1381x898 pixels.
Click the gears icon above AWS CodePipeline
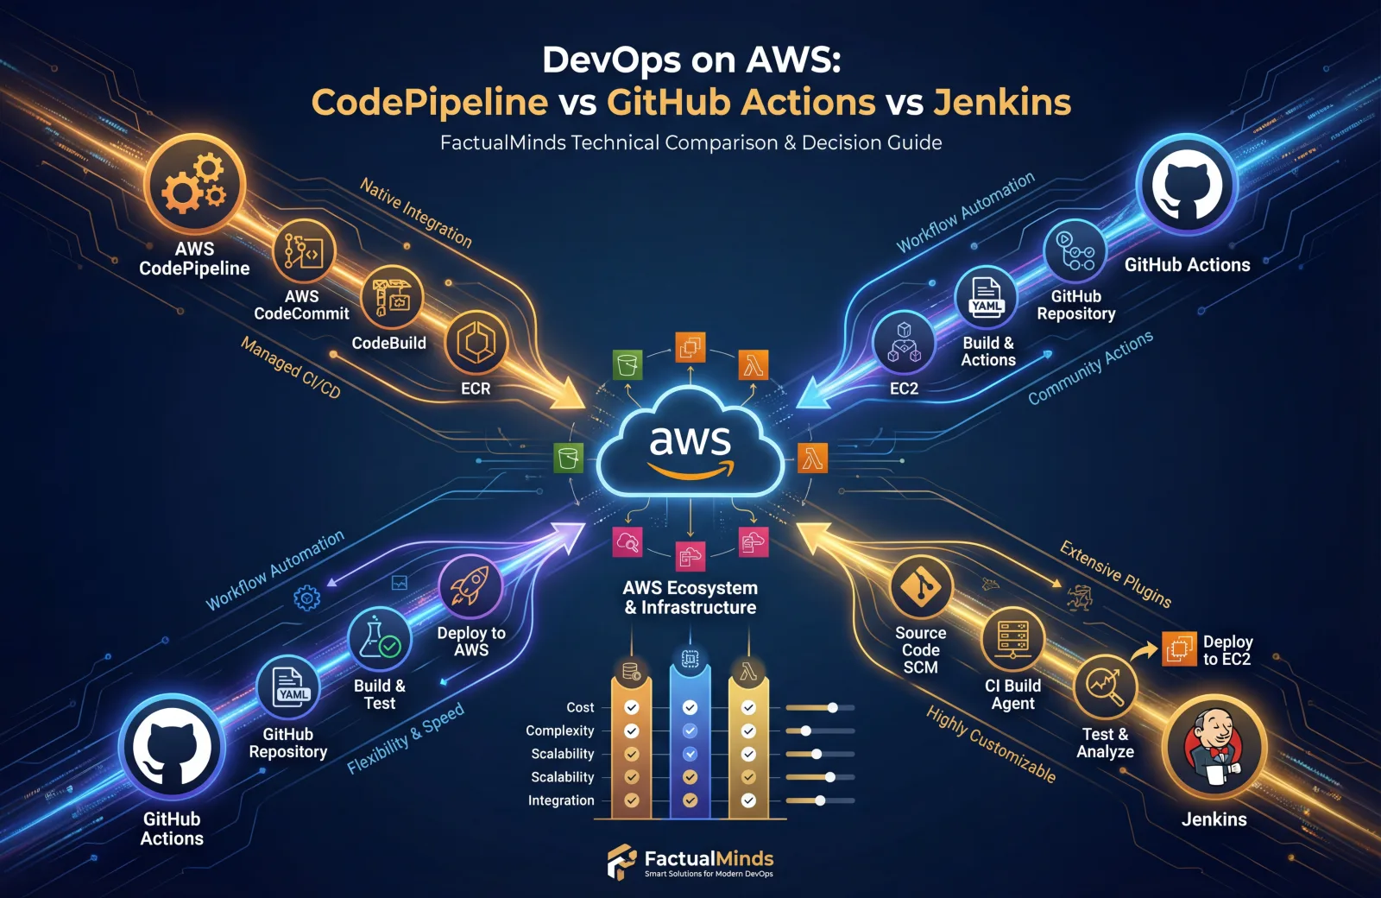(195, 183)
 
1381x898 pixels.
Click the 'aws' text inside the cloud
(690, 440)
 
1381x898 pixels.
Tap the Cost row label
(580, 707)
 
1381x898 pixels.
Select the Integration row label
(561, 800)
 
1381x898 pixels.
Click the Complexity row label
(560, 730)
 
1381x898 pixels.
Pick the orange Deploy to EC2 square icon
(1179, 649)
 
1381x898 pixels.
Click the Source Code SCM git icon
(921, 587)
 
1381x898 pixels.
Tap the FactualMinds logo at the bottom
(690, 862)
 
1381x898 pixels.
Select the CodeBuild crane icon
(391, 297)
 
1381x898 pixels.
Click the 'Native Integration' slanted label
(416, 212)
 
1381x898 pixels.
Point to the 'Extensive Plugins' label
(1115, 574)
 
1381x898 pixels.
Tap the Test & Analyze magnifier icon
(1105, 687)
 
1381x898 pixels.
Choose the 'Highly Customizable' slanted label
(991, 743)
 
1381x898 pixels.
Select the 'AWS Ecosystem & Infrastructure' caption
(690, 598)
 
